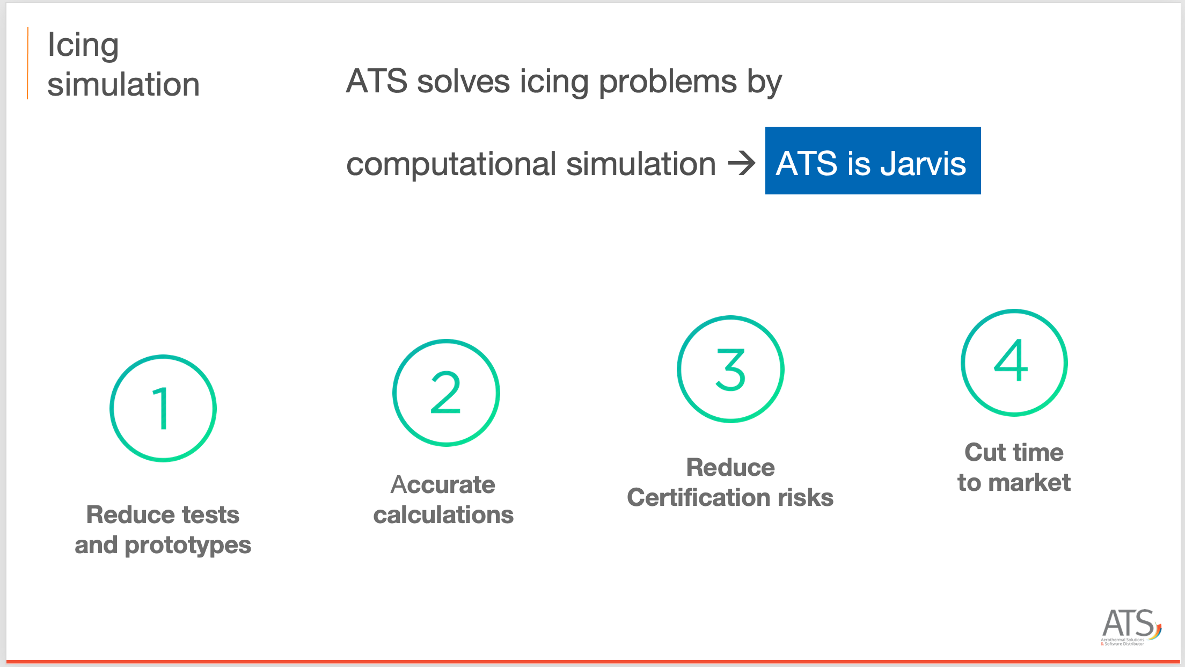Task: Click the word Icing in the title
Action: click(x=83, y=46)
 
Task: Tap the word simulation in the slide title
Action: click(x=123, y=85)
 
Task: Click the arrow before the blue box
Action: click(x=741, y=163)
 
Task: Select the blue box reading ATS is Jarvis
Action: click(x=873, y=161)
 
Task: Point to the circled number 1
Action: click(x=163, y=408)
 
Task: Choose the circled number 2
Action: click(x=446, y=393)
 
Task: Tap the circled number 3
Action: click(x=730, y=369)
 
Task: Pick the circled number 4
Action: click(x=1014, y=363)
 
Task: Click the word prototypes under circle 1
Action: click(x=188, y=546)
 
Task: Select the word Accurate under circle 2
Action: click(x=443, y=484)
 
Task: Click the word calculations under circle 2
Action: click(x=443, y=515)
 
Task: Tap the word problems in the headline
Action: click(x=668, y=82)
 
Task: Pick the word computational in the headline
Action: click(x=451, y=164)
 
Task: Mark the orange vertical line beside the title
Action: click(x=27, y=63)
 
